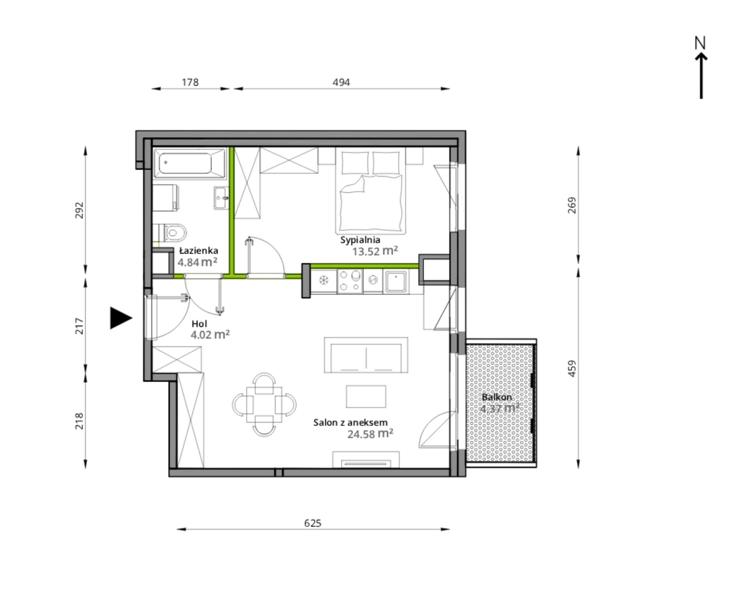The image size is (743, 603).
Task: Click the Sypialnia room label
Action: point(360,240)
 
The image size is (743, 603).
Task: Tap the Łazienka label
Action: point(199,251)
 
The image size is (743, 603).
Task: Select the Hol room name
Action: point(199,324)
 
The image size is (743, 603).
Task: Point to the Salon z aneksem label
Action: point(350,422)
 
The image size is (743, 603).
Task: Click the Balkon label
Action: point(497,397)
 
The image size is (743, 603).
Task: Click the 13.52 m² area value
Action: point(375,251)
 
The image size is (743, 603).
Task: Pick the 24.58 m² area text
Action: point(370,434)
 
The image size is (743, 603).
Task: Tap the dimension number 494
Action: point(341,82)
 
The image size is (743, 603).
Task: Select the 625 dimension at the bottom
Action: point(312,523)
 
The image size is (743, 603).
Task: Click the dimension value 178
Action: point(190,82)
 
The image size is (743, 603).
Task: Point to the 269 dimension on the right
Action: point(572,205)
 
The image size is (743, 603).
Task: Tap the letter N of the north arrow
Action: point(700,43)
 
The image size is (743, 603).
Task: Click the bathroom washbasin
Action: point(221,198)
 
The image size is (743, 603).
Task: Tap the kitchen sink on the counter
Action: point(397,281)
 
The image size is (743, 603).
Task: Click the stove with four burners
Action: point(350,281)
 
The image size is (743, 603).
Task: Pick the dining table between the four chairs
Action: point(264,404)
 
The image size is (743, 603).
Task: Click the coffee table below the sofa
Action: point(366,396)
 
